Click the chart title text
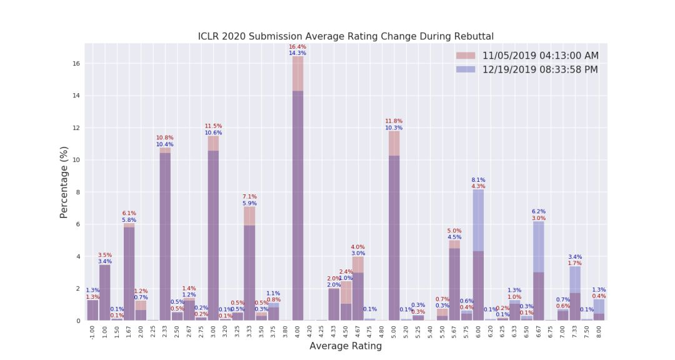(346, 36)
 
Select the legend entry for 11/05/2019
(540, 56)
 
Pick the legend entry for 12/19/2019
(540, 69)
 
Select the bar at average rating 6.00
(478, 262)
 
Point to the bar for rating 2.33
(165, 237)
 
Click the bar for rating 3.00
(213, 237)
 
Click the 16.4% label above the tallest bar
(297, 47)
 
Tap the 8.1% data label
(478, 180)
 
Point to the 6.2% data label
(539, 212)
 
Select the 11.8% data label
(394, 121)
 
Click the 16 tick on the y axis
(77, 64)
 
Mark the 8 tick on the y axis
(77, 192)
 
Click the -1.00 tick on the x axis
(92, 332)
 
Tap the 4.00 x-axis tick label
(297, 331)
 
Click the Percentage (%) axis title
(64, 182)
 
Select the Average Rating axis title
(346, 346)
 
